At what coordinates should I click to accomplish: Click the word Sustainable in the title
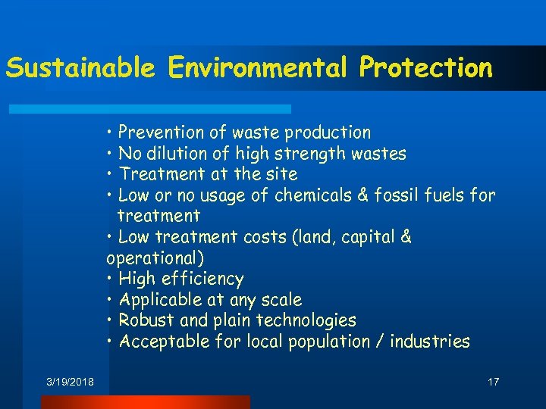(x=80, y=67)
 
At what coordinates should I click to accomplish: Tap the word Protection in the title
(x=426, y=67)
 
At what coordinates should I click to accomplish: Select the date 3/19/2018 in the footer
(x=70, y=382)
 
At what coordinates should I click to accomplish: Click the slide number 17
(x=493, y=382)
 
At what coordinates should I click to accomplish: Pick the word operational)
(x=155, y=258)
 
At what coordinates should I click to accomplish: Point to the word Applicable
(x=160, y=300)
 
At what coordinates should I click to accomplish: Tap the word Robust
(x=147, y=320)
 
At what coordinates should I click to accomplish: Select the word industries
(x=430, y=342)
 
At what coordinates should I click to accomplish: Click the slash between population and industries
(x=378, y=342)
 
